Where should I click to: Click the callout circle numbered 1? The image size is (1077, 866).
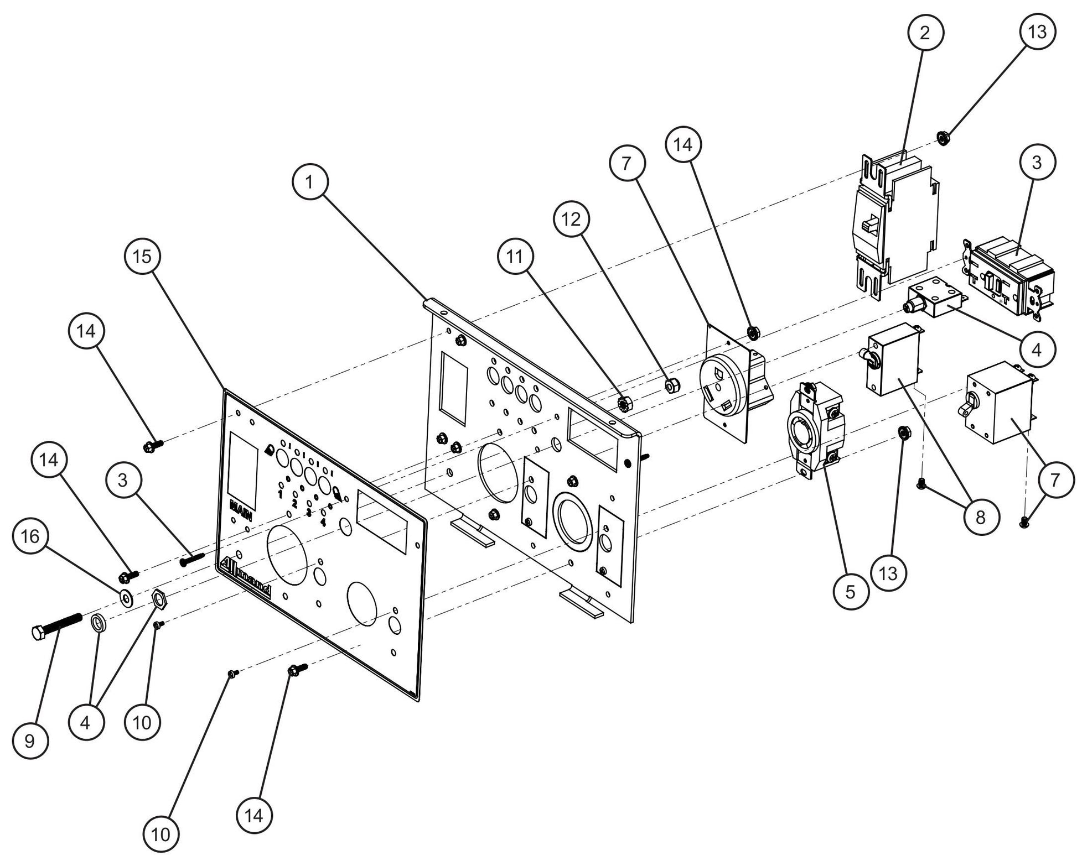pyautogui.click(x=310, y=181)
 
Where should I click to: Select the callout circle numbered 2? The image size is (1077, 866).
pyautogui.click(x=924, y=33)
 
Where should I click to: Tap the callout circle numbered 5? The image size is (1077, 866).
pyautogui.click(x=850, y=592)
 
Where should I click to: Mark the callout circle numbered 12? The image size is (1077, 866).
pyautogui.click(x=572, y=220)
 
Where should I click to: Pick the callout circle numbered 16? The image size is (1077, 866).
pyautogui.click(x=31, y=535)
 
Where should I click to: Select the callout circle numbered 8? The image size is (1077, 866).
pyautogui.click(x=980, y=517)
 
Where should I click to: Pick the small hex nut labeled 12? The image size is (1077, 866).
pyautogui.click(x=672, y=385)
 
